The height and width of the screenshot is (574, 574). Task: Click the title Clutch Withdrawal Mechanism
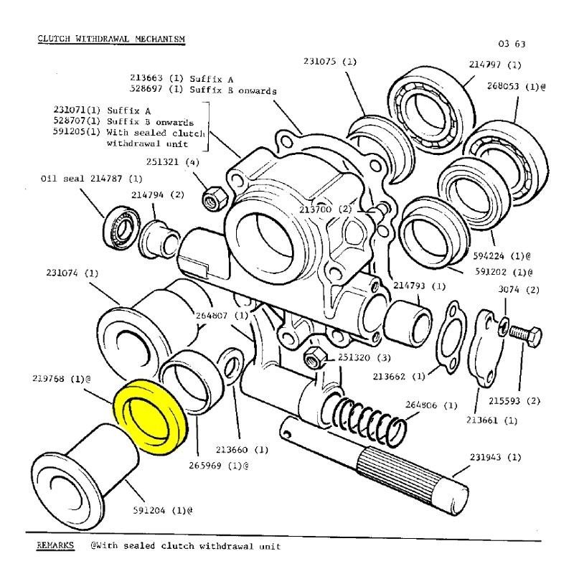[111, 38]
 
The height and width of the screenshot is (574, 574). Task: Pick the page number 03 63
[510, 44]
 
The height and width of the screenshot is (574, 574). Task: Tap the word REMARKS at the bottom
[55, 546]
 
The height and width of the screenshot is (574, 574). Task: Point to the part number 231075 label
[329, 62]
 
